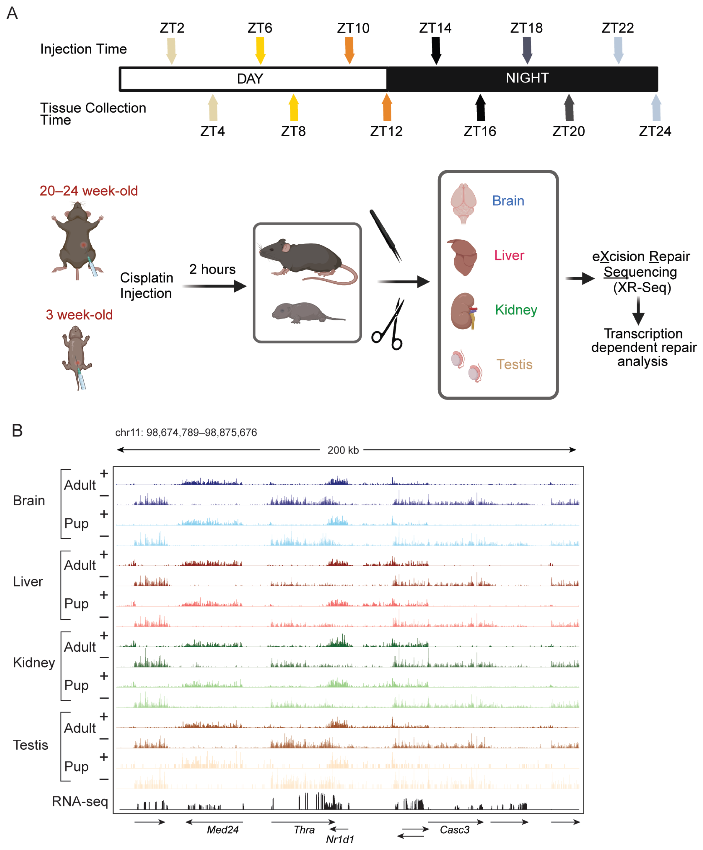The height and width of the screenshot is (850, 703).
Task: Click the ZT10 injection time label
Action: click(353, 28)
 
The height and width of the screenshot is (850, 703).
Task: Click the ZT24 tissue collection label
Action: click(655, 131)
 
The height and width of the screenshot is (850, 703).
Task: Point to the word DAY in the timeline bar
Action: click(250, 79)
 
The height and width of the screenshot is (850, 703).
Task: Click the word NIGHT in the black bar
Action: click(527, 78)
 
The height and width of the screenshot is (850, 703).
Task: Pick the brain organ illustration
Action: click(463, 203)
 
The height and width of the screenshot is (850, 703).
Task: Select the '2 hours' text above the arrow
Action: click(212, 269)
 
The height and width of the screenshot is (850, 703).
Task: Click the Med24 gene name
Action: click(223, 829)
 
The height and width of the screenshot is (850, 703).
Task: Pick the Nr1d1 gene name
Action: click(340, 839)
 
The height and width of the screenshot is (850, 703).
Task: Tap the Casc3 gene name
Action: click(455, 829)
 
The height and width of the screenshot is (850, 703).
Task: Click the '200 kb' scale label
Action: click(343, 450)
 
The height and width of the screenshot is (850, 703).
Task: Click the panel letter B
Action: click(17, 431)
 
